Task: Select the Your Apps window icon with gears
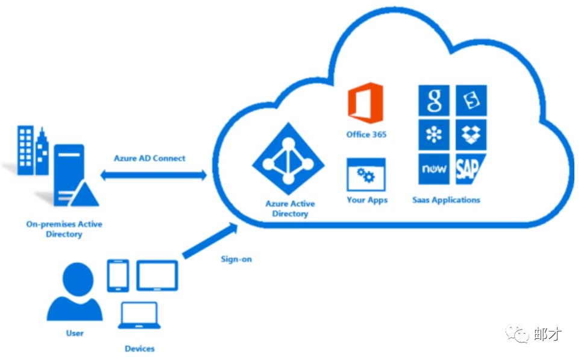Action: tap(366, 175)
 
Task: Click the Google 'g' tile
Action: tap(434, 101)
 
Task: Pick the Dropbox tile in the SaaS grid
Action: tap(471, 134)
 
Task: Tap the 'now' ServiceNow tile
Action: tap(434, 169)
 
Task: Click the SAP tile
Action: tap(470, 169)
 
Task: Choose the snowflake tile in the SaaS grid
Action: tap(434, 134)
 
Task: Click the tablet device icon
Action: tap(157, 276)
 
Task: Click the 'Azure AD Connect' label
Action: tap(149, 159)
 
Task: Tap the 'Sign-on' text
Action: tap(237, 259)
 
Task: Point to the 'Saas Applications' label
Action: tap(446, 200)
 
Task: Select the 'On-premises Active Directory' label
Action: tap(64, 229)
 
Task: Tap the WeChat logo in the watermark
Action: tap(518, 333)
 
